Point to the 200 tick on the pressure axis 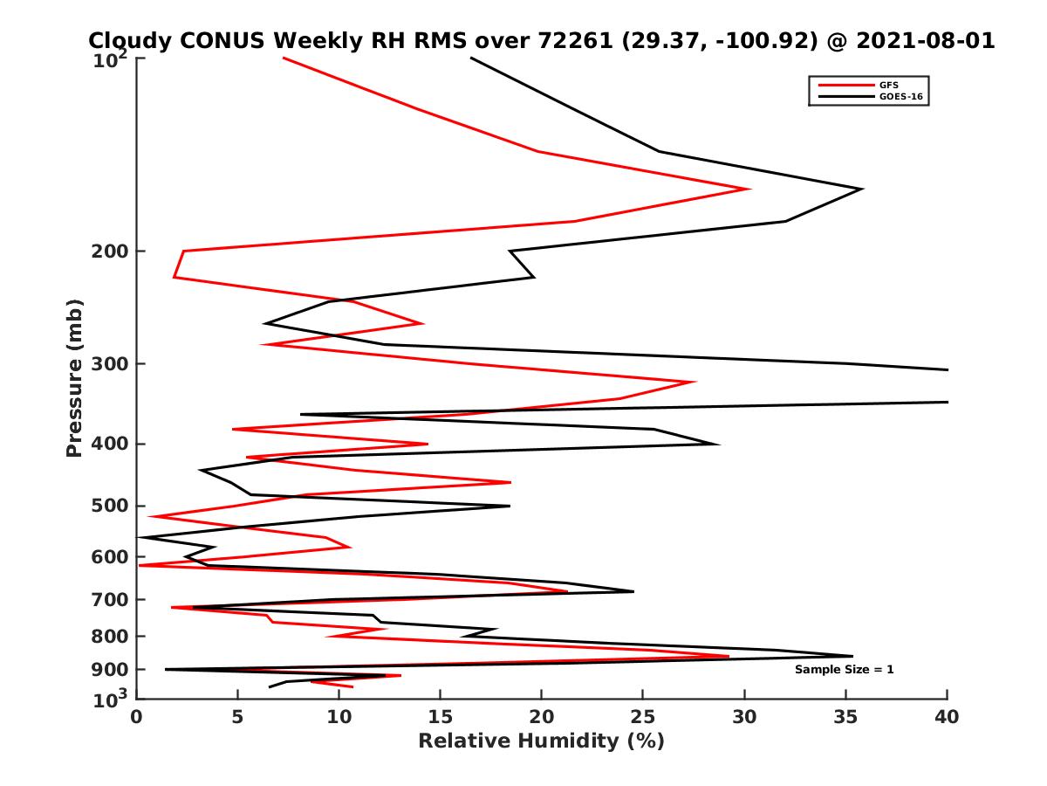(111, 252)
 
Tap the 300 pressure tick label (111, 364)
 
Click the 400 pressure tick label (111, 444)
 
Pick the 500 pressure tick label (111, 506)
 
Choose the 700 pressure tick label (111, 600)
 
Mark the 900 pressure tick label (111, 670)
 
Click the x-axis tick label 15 (440, 717)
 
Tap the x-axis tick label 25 (643, 717)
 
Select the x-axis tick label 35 (845, 717)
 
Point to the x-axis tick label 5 (237, 717)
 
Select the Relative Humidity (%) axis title (541, 741)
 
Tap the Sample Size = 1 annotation (844, 670)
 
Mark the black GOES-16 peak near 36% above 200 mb (862, 189)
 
